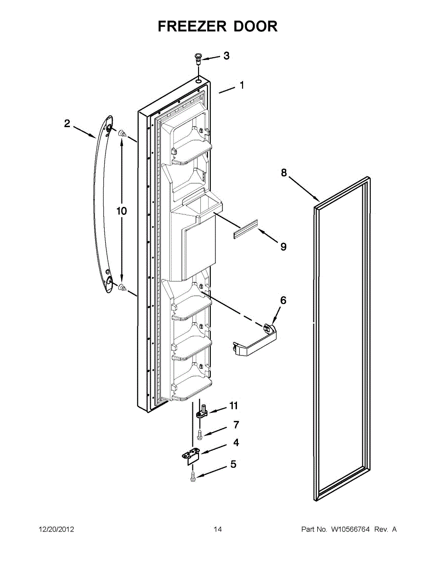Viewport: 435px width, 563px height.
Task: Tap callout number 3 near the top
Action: [x=226, y=56]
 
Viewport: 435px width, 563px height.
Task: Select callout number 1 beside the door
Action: [x=242, y=85]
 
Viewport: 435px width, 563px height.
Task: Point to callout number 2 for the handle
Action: [x=67, y=123]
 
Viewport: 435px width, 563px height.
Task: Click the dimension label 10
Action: [x=122, y=211]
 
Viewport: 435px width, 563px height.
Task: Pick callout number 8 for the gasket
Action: [x=284, y=173]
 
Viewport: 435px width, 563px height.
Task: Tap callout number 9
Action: [x=283, y=246]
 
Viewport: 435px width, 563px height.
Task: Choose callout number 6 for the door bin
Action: [x=283, y=300]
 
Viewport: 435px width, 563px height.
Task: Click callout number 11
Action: [x=233, y=405]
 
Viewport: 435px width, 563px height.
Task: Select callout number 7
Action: [x=236, y=425]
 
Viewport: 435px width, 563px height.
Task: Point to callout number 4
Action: [x=236, y=442]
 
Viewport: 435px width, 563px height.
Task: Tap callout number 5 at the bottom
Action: [x=233, y=464]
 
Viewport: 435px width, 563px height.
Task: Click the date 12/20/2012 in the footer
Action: [x=56, y=530]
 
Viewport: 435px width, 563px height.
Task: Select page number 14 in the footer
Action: [x=218, y=530]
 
